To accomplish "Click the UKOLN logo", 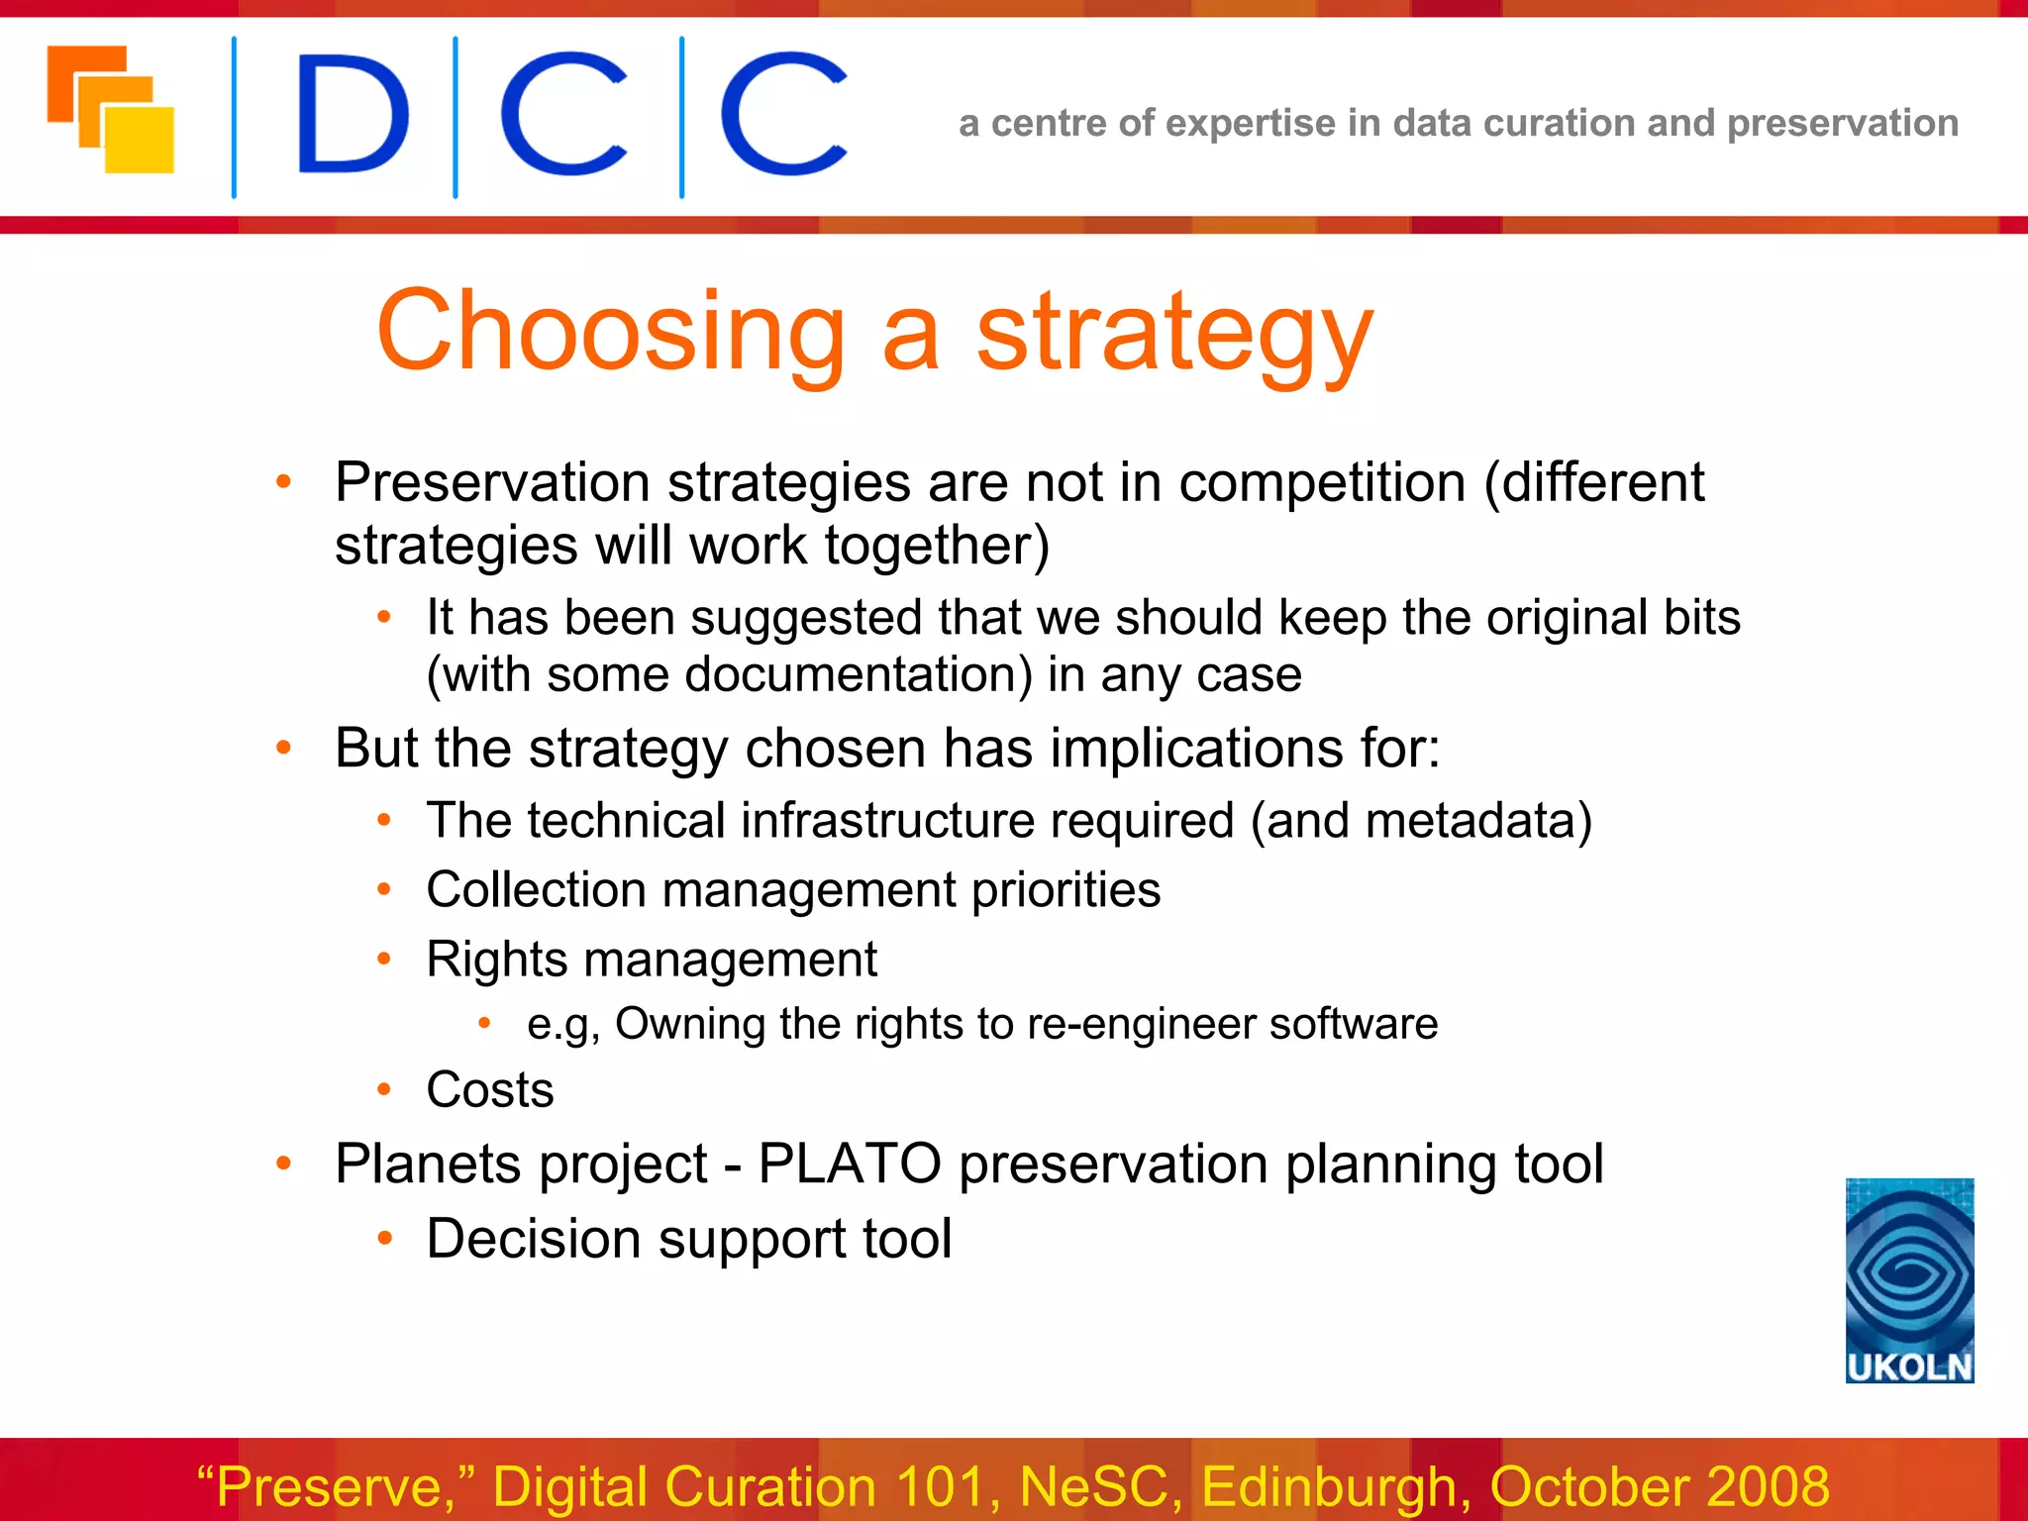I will point(1909,1279).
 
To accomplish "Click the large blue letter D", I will point(352,116).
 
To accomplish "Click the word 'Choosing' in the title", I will point(610,332).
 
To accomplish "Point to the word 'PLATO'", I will point(849,1164).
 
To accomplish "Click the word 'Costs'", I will point(489,1090).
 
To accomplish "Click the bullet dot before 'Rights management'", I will point(384,959).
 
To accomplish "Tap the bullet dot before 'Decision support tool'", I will point(384,1238).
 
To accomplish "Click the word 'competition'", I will point(1321,484).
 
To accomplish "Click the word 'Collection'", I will point(535,889).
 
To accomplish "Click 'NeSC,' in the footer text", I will point(1100,1487).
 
